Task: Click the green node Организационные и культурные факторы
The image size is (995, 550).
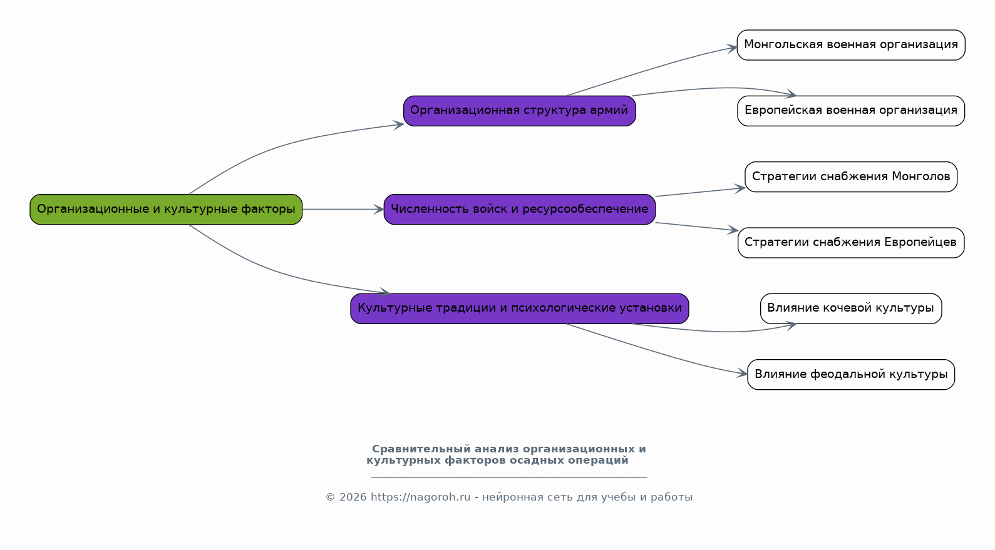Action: (166, 209)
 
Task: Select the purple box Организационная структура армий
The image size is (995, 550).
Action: (519, 111)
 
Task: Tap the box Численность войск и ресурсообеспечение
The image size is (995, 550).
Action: (519, 209)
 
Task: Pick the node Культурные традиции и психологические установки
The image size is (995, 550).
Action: (519, 308)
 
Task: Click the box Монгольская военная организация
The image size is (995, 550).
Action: (850, 45)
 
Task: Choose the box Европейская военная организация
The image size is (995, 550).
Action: (850, 111)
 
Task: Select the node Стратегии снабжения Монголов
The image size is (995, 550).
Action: (850, 176)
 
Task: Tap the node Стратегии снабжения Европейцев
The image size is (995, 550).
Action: (850, 242)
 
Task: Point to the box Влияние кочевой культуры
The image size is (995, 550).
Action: (850, 308)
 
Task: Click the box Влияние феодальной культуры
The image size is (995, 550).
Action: (850, 374)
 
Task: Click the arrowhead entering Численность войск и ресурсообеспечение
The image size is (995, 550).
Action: (378, 209)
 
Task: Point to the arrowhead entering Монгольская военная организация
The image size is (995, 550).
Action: (732, 48)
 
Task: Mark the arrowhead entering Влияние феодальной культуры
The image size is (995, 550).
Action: (742, 374)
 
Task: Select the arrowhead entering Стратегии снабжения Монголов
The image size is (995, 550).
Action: (740, 189)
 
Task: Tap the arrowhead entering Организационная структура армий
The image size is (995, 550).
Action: (398, 125)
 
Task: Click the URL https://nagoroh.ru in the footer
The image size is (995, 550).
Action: (420, 497)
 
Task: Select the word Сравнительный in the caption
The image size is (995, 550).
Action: (421, 449)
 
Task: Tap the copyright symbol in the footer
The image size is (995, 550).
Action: (331, 497)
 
